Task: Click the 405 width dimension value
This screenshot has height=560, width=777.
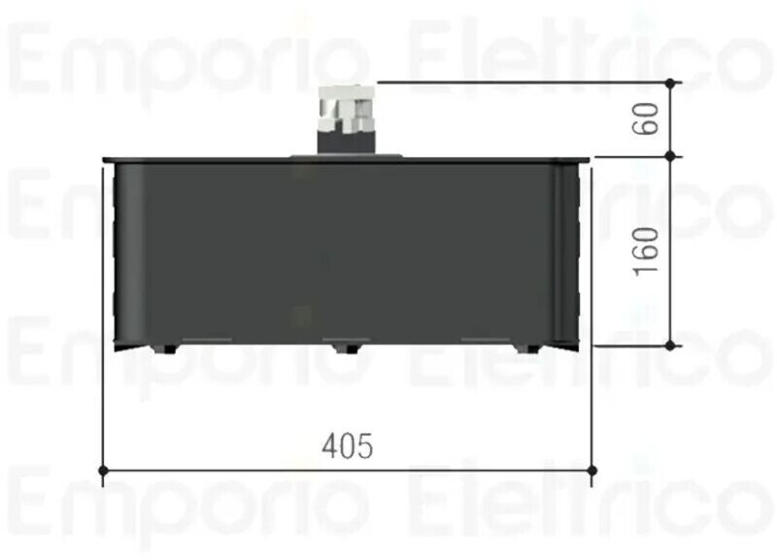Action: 347,445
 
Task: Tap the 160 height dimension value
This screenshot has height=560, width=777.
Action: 647,251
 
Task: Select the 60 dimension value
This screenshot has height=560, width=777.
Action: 647,118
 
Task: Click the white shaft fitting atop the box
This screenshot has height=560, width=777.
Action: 345,109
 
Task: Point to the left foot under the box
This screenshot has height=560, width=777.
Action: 164,348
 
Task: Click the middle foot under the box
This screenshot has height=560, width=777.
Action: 347,348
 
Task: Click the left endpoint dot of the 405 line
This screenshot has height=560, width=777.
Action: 103,470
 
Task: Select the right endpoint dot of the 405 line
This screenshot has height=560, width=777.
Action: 591,470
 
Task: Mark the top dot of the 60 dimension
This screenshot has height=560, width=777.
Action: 670,83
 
